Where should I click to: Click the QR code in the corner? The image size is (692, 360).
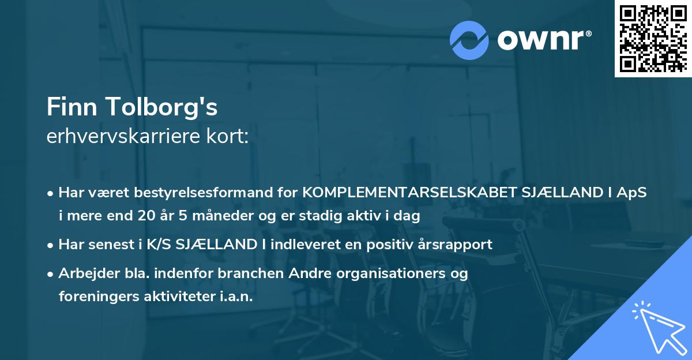(x=653, y=39)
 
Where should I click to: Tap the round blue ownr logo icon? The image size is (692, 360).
(x=469, y=40)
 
